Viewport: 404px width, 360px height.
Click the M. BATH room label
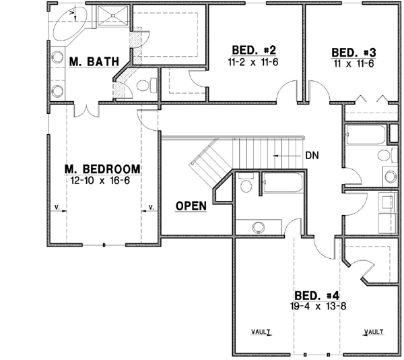pos(94,62)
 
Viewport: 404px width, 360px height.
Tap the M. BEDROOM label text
pos(102,169)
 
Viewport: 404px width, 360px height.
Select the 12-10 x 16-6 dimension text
pos(102,181)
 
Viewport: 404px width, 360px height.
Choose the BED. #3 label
pos(353,52)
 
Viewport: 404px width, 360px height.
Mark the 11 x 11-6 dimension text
pos(353,63)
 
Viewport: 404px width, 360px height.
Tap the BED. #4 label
pos(317,295)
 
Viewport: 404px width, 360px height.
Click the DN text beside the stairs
pos(312,155)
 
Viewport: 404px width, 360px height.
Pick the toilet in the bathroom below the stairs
pos(246,185)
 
